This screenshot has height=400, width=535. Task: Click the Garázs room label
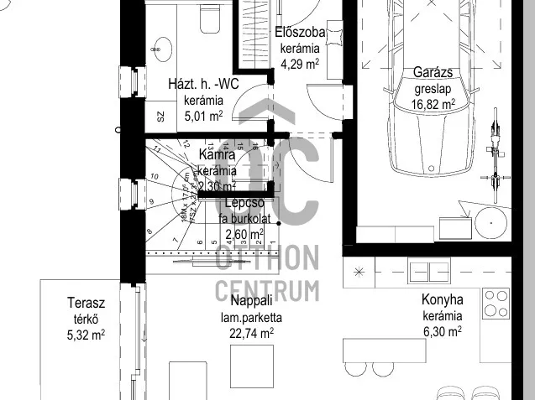[434, 73]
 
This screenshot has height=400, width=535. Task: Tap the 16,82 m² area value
[434, 104]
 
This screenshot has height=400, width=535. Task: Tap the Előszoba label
[301, 33]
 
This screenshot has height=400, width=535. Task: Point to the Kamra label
[217, 155]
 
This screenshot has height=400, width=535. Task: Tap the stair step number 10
[155, 176]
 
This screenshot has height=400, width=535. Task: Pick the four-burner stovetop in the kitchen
[496, 301]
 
